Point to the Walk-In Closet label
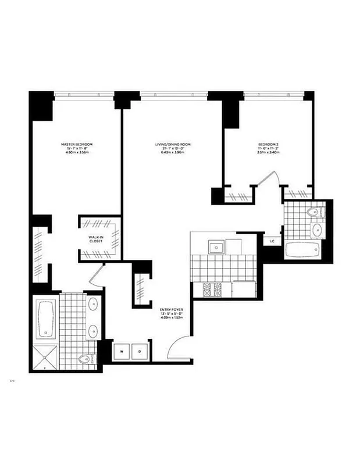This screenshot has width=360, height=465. click(x=95, y=239)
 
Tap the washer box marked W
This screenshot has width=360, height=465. click(x=123, y=351)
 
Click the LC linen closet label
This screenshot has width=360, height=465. click(x=272, y=240)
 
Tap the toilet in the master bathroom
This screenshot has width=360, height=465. click(x=86, y=360)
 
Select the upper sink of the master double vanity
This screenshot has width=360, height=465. click(x=93, y=303)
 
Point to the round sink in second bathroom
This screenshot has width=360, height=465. click(x=316, y=230)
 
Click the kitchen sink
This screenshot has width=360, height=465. click(x=216, y=248)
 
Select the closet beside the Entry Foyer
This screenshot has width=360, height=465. click(x=141, y=285)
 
